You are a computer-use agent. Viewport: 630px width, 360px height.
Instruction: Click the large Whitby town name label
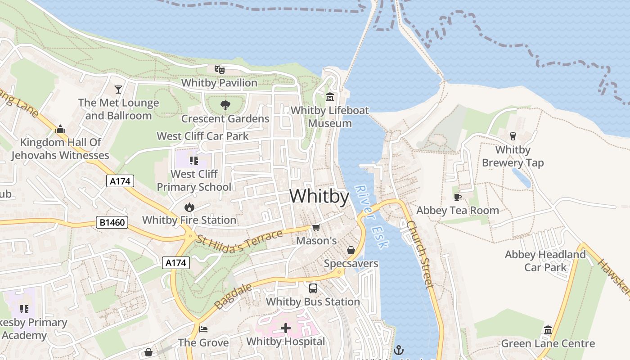pos(319,197)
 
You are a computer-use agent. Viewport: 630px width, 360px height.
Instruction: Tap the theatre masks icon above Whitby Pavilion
pos(219,69)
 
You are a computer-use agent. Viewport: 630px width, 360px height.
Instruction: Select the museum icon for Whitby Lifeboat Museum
pos(330,97)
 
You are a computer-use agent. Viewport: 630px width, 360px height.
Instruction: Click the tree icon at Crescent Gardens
pos(225,105)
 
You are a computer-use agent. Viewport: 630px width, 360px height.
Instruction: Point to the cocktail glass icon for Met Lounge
pos(118,89)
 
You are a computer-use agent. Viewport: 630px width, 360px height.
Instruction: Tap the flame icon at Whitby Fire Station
pos(189,207)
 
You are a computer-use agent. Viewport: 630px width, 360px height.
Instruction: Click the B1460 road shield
pos(112,222)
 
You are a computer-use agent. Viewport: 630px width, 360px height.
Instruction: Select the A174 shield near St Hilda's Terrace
pos(175,263)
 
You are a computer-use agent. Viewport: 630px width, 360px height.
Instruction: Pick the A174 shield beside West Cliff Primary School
pos(120,181)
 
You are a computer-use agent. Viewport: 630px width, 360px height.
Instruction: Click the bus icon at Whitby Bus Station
pos(313,288)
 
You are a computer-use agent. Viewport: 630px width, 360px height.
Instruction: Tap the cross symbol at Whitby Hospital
pos(285,328)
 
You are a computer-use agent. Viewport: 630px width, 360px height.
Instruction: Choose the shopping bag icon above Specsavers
pos(351,250)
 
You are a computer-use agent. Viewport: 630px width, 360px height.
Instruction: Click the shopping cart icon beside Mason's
pos(316,227)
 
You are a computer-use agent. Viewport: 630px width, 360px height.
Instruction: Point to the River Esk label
pos(371,216)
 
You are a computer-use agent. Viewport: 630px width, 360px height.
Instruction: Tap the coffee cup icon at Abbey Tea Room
pos(458,197)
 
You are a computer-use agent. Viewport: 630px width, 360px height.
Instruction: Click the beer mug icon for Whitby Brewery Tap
pos(513,136)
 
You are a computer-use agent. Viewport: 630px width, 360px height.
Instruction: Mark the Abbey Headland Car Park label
pos(545,261)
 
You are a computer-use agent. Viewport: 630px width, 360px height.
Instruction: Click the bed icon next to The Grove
pos(203,329)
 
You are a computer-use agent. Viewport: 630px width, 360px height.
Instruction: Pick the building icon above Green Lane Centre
pos(548,330)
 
